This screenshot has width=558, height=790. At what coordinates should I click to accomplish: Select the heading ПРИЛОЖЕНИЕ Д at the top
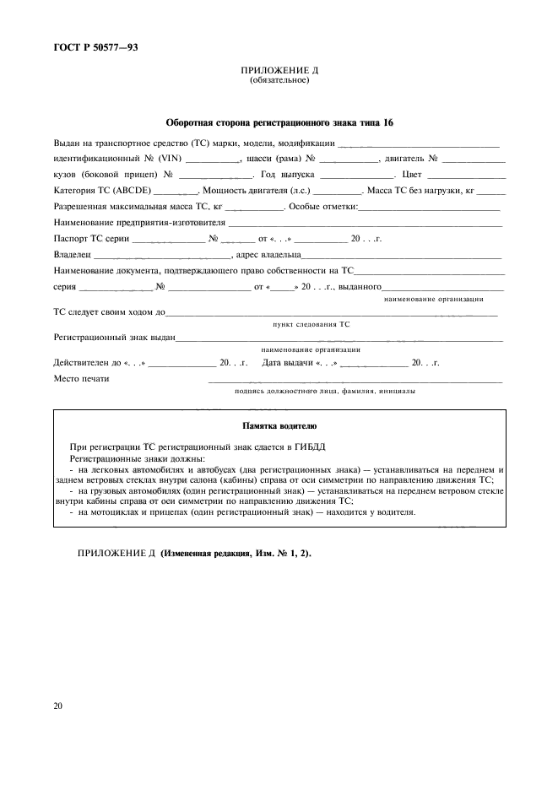coord(279,71)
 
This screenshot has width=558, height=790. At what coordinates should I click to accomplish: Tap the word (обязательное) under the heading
coord(279,81)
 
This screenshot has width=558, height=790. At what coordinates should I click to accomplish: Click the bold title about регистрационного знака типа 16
coord(279,122)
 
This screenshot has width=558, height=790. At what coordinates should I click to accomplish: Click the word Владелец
coord(71,254)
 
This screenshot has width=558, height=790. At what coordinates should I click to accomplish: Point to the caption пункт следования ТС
coord(311,324)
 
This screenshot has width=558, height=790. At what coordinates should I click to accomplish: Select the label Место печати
coord(81,379)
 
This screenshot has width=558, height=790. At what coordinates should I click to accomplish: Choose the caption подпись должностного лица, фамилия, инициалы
coord(323,392)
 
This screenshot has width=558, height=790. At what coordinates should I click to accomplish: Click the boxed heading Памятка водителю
coord(279,426)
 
